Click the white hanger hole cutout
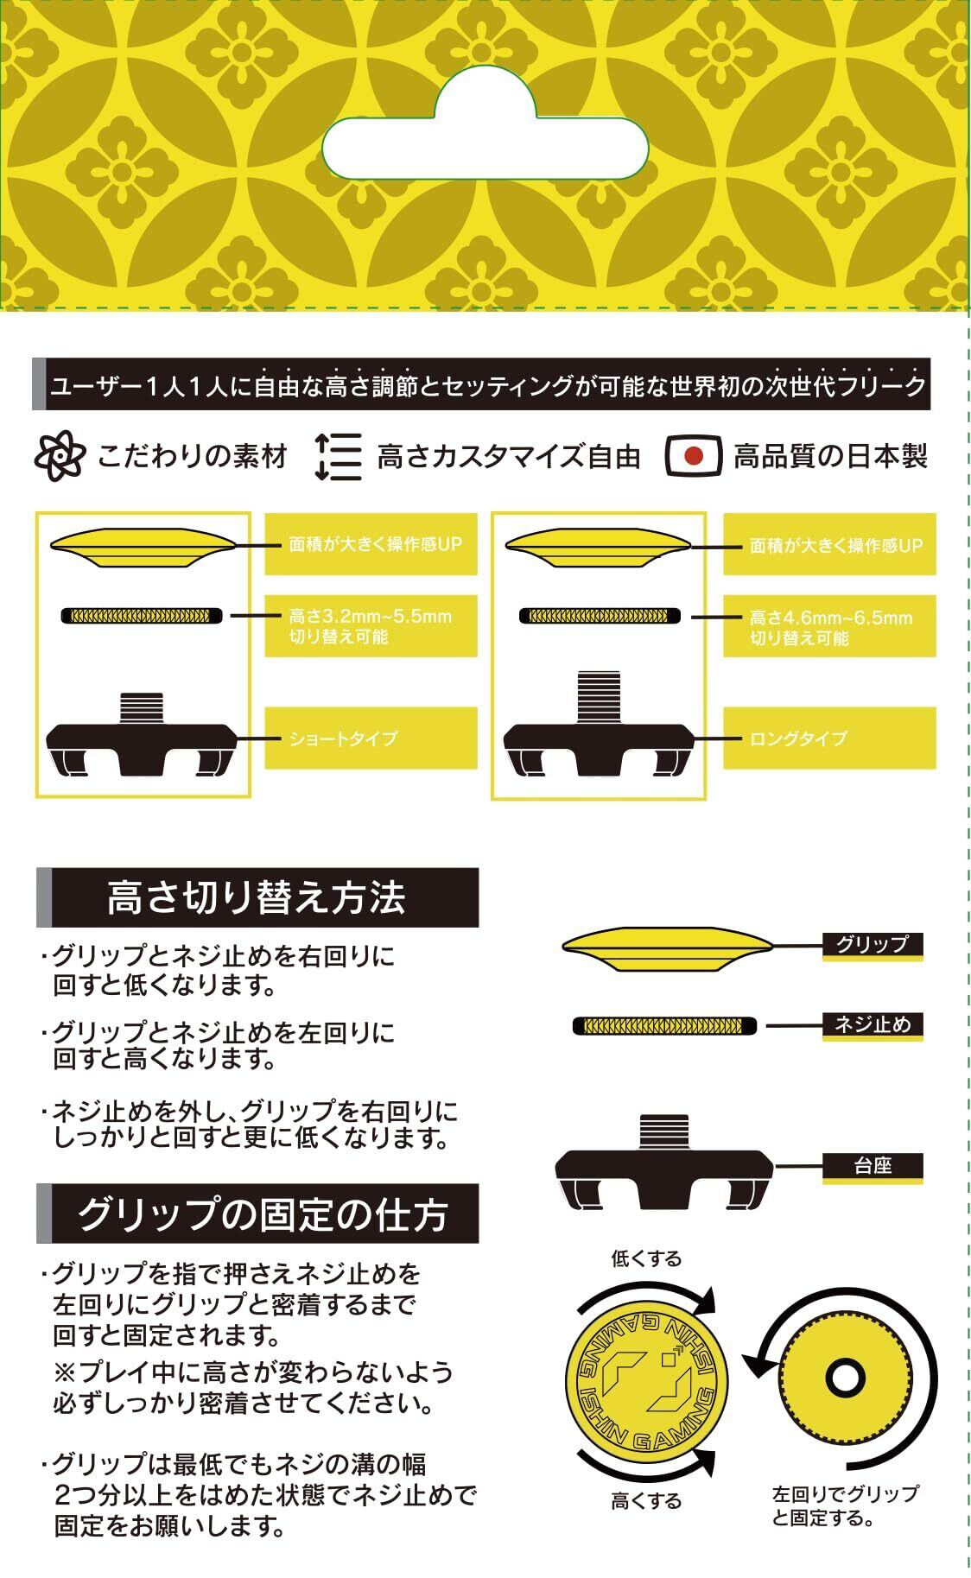[x=485, y=138]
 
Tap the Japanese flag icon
[x=693, y=455]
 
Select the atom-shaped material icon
[x=60, y=455]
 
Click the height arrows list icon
[x=338, y=455]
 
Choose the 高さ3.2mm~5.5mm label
[x=371, y=626]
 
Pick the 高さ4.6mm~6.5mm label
[x=829, y=627]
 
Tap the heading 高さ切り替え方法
[x=257, y=897]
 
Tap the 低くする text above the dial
[x=646, y=1258]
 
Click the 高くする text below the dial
[x=646, y=1502]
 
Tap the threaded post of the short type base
[x=141, y=708]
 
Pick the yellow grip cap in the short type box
[x=143, y=548]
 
